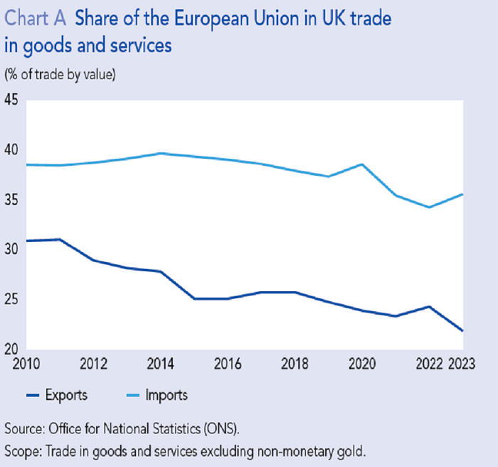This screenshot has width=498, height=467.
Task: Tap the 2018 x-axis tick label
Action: click(296, 364)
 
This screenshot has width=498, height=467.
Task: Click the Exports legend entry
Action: click(65, 394)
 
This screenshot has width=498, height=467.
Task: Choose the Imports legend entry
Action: click(165, 394)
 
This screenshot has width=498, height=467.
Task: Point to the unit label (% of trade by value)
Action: click(60, 73)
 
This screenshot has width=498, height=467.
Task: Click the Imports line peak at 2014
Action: click(162, 153)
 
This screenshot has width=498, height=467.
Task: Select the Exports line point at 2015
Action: click(194, 299)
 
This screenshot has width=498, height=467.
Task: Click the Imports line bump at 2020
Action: click(363, 164)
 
